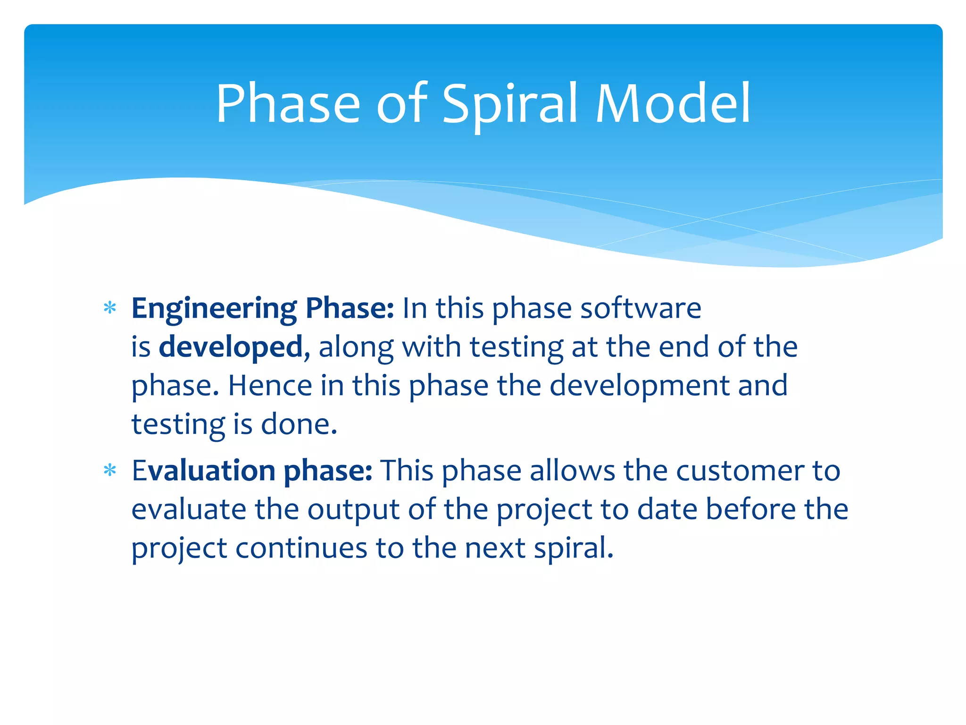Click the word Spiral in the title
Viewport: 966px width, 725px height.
tap(509, 105)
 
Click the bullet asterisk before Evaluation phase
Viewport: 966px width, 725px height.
tap(110, 471)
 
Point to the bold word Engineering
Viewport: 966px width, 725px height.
tap(214, 309)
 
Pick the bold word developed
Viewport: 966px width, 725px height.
tap(231, 347)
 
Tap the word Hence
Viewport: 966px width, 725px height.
tap(270, 386)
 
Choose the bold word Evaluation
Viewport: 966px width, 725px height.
tap(203, 471)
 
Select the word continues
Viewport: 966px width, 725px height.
tap(301, 548)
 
